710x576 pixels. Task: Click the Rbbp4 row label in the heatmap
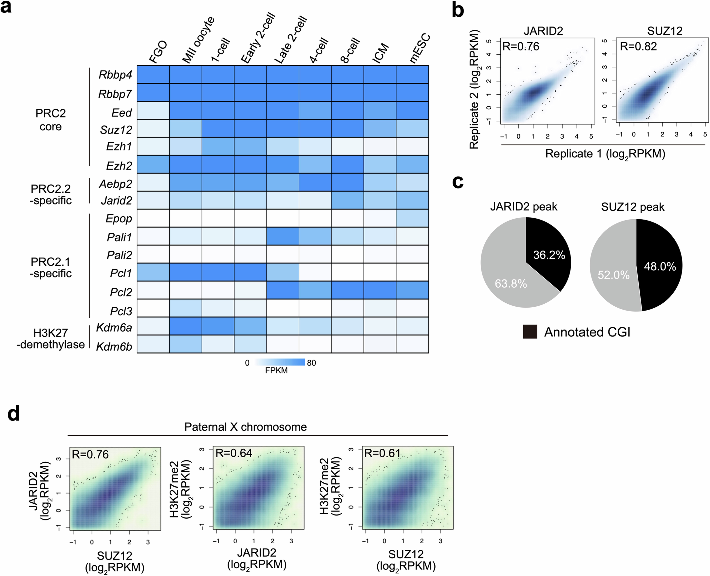[115, 75]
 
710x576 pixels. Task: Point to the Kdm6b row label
[114, 347]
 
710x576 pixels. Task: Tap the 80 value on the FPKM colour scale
[311, 363]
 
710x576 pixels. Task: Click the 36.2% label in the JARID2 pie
[549, 255]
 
